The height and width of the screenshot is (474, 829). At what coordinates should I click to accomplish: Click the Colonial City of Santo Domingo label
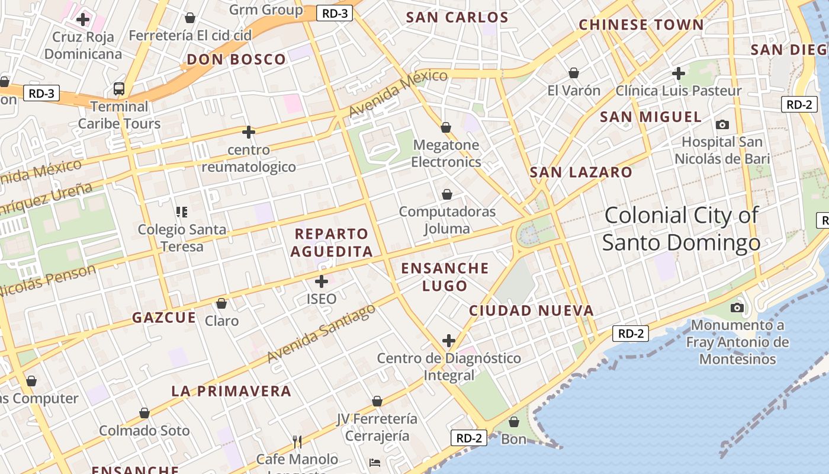pyautogui.click(x=681, y=229)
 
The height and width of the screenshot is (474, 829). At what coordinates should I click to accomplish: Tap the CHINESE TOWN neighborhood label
pyautogui.click(x=641, y=25)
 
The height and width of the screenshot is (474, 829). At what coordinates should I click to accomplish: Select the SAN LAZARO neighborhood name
pyautogui.click(x=581, y=172)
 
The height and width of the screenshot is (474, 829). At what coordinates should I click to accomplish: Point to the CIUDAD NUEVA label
pyautogui.click(x=531, y=310)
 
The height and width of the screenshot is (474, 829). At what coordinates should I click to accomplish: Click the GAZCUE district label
pyautogui.click(x=164, y=318)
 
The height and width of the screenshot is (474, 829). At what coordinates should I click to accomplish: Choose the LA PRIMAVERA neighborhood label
pyautogui.click(x=232, y=391)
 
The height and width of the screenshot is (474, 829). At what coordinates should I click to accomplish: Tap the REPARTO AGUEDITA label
pyautogui.click(x=332, y=242)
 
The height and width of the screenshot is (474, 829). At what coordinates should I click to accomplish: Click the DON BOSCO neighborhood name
pyautogui.click(x=237, y=59)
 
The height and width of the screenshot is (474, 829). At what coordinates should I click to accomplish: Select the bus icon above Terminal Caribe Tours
pyautogui.click(x=119, y=89)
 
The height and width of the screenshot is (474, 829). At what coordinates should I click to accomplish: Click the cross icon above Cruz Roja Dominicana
pyautogui.click(x=83, y=19)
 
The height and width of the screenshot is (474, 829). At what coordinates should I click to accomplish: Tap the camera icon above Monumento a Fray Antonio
pyautogui.click(x=737, y=308)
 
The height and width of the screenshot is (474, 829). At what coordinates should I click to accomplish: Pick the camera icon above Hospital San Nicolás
pyautogui.click(x=722, y=124)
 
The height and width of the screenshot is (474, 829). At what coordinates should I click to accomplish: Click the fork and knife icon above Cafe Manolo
pyautogui.click(x=297, y=441)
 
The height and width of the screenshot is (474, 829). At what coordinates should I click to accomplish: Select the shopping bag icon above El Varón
pyautogui.click(x=573, y=73)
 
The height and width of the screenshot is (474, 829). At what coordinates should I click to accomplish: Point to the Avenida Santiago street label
pyautogui.click(x=322, y=334)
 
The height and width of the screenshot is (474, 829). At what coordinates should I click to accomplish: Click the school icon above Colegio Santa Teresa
pyautogui.click(x=182, y=212)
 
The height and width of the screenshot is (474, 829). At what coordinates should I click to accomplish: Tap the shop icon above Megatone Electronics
pyautogui.click(x=446, y=127)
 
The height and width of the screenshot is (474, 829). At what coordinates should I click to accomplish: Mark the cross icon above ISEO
pyautogui.click(x=322, y=281)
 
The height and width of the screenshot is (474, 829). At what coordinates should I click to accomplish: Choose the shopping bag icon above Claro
pyautogui.click(x=221, y=303)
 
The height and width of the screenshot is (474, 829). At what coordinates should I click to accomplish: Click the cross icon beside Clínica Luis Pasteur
pyautogui.click(x=679, y=73)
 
